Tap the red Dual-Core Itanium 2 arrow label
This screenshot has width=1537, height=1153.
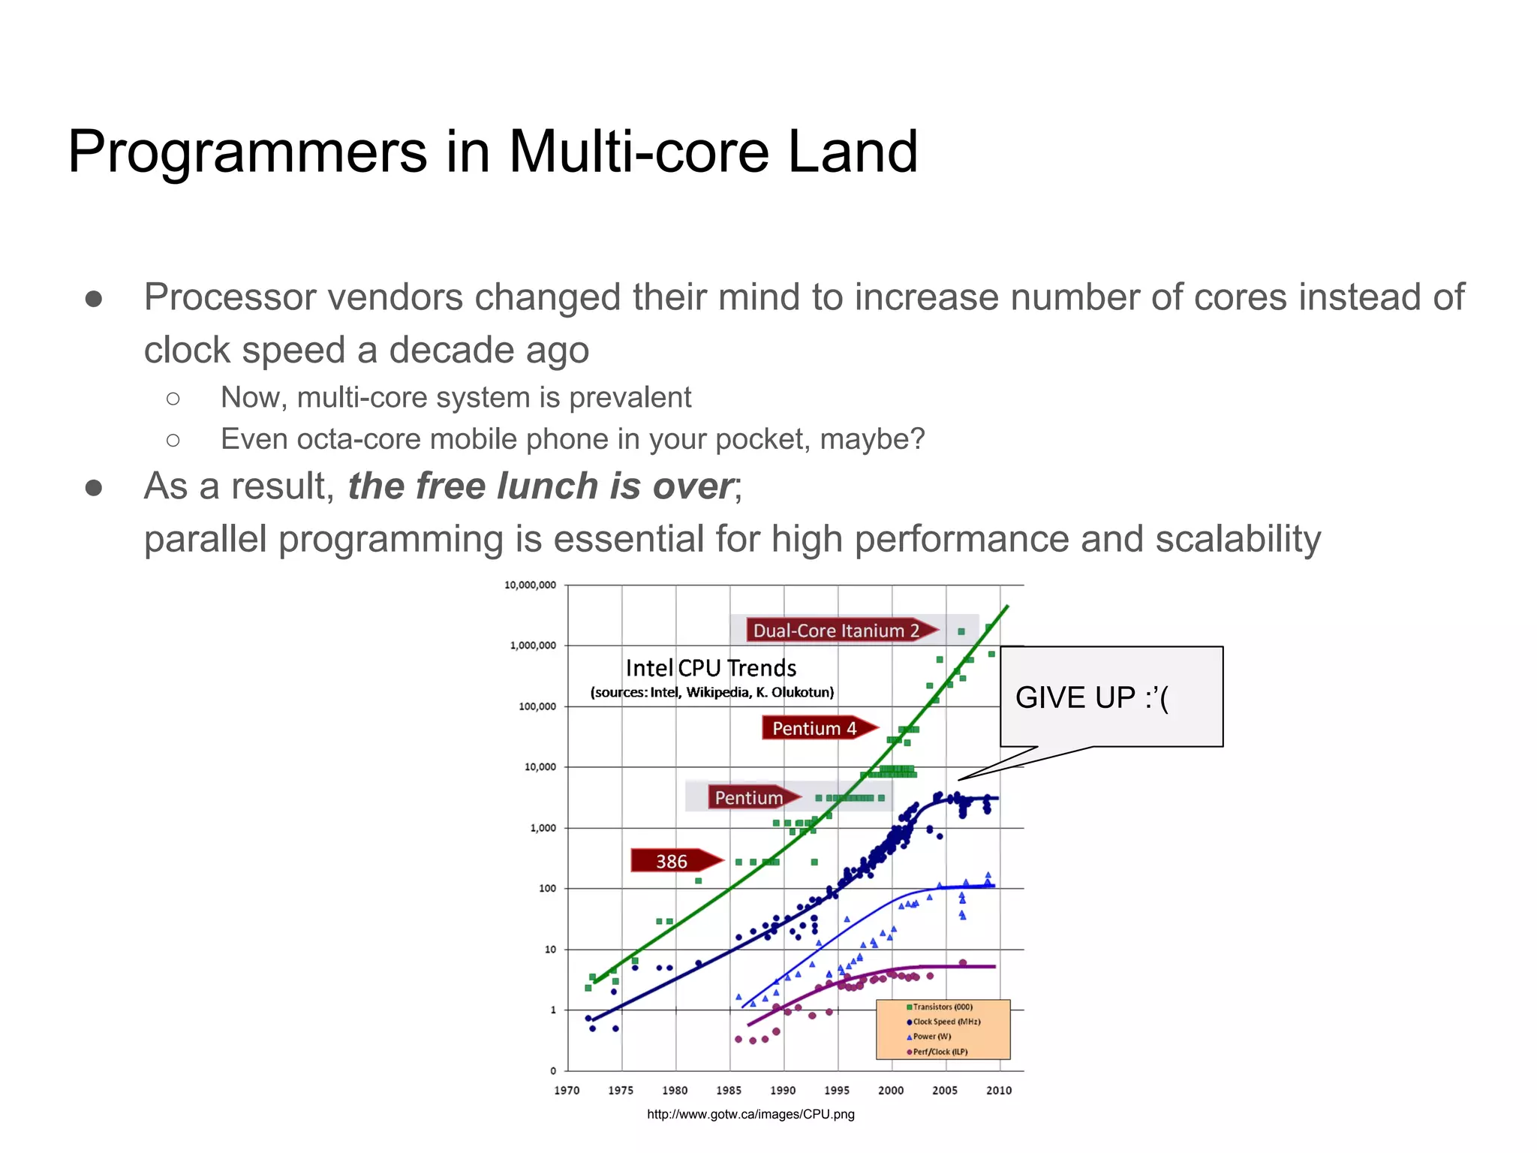836,631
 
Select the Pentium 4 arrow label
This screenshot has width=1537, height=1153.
815,728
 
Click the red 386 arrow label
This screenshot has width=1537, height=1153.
672,861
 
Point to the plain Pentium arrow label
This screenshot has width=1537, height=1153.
749,797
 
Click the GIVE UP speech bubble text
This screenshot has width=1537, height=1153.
1091,698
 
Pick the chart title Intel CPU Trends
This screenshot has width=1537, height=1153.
711,668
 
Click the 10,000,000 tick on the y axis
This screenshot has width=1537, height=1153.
530,585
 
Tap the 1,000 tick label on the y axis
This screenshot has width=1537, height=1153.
543,828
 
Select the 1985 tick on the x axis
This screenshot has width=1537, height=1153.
729,1091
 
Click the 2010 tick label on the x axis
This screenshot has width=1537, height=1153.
998,1091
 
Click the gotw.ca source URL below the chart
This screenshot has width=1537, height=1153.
750,1114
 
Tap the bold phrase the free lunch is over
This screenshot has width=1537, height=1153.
540,486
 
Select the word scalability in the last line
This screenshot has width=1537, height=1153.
1238,539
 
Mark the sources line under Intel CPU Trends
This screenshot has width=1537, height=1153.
711,692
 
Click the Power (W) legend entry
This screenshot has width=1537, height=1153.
931,1037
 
